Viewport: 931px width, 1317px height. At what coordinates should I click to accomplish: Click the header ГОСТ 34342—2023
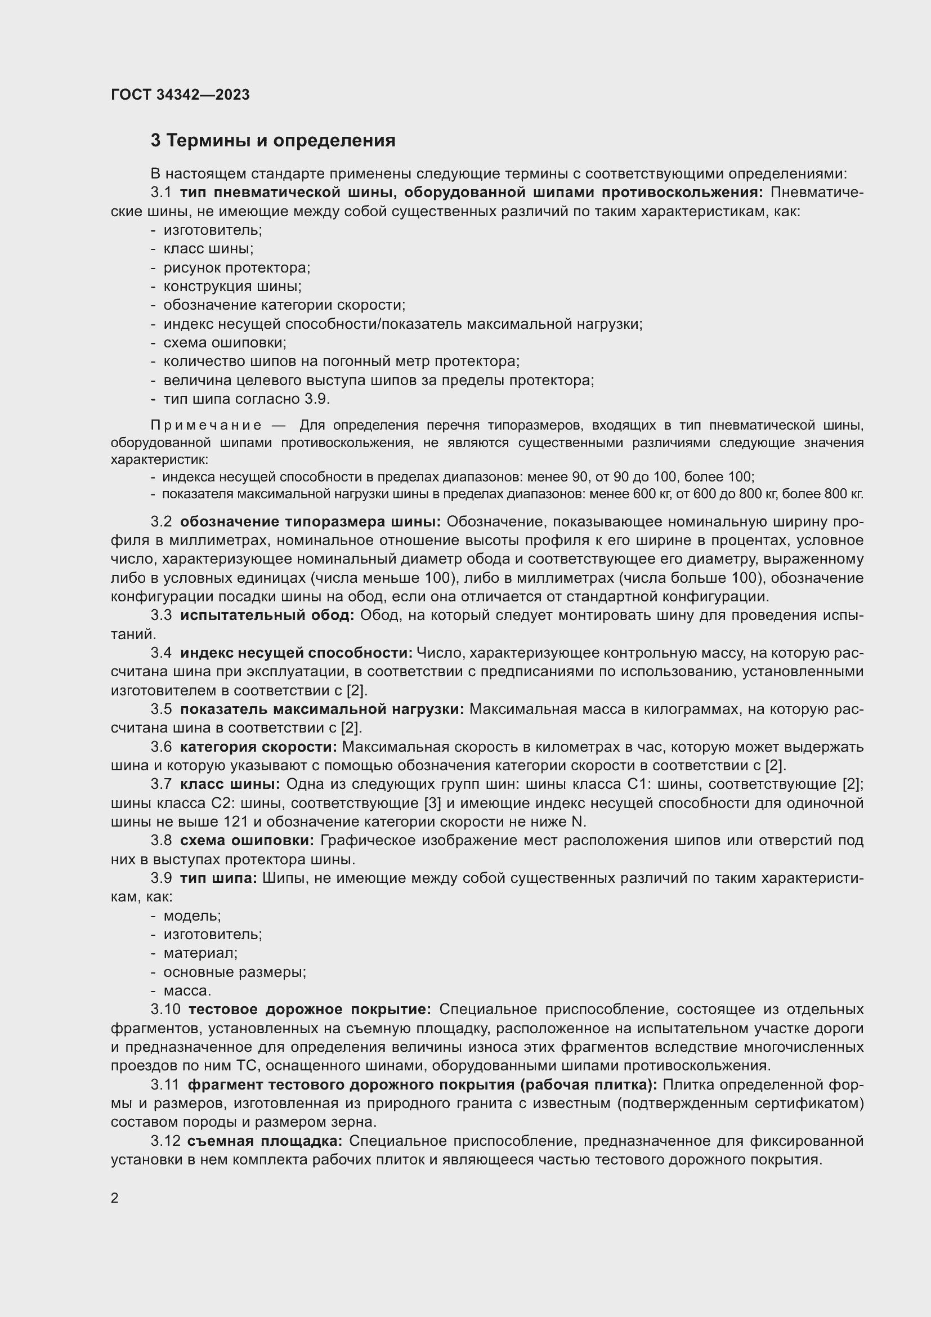click(180, 95)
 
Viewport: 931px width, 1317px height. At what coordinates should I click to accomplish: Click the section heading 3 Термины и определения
click(273, 141)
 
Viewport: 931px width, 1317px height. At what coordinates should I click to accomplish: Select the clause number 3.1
click(161, 193)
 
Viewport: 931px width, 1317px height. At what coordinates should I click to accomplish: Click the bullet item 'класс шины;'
click(208, 249)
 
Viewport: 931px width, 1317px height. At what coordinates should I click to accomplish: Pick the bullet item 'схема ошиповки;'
click(225, 343)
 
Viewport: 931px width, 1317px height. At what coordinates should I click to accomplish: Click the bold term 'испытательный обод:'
click(267, 615)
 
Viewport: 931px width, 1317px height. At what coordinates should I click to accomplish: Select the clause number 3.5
click(161, 709)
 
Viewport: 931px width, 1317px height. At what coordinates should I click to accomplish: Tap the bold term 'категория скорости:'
click(258, 747)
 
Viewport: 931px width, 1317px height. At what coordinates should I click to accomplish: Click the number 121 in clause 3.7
click(236, 822)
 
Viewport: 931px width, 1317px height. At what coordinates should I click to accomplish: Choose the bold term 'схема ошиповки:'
click(247, 841)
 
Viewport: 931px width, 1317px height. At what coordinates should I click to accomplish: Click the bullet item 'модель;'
click(192, 916)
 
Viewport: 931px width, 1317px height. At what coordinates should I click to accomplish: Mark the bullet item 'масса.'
click(187, 990)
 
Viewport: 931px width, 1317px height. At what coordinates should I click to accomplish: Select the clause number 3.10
click(165, 1010)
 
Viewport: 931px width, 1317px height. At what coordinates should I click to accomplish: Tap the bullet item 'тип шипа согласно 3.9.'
click(247, 399)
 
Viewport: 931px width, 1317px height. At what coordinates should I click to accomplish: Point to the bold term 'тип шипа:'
click(218, 878)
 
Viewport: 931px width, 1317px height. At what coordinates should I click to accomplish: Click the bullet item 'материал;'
click(200, 953)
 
